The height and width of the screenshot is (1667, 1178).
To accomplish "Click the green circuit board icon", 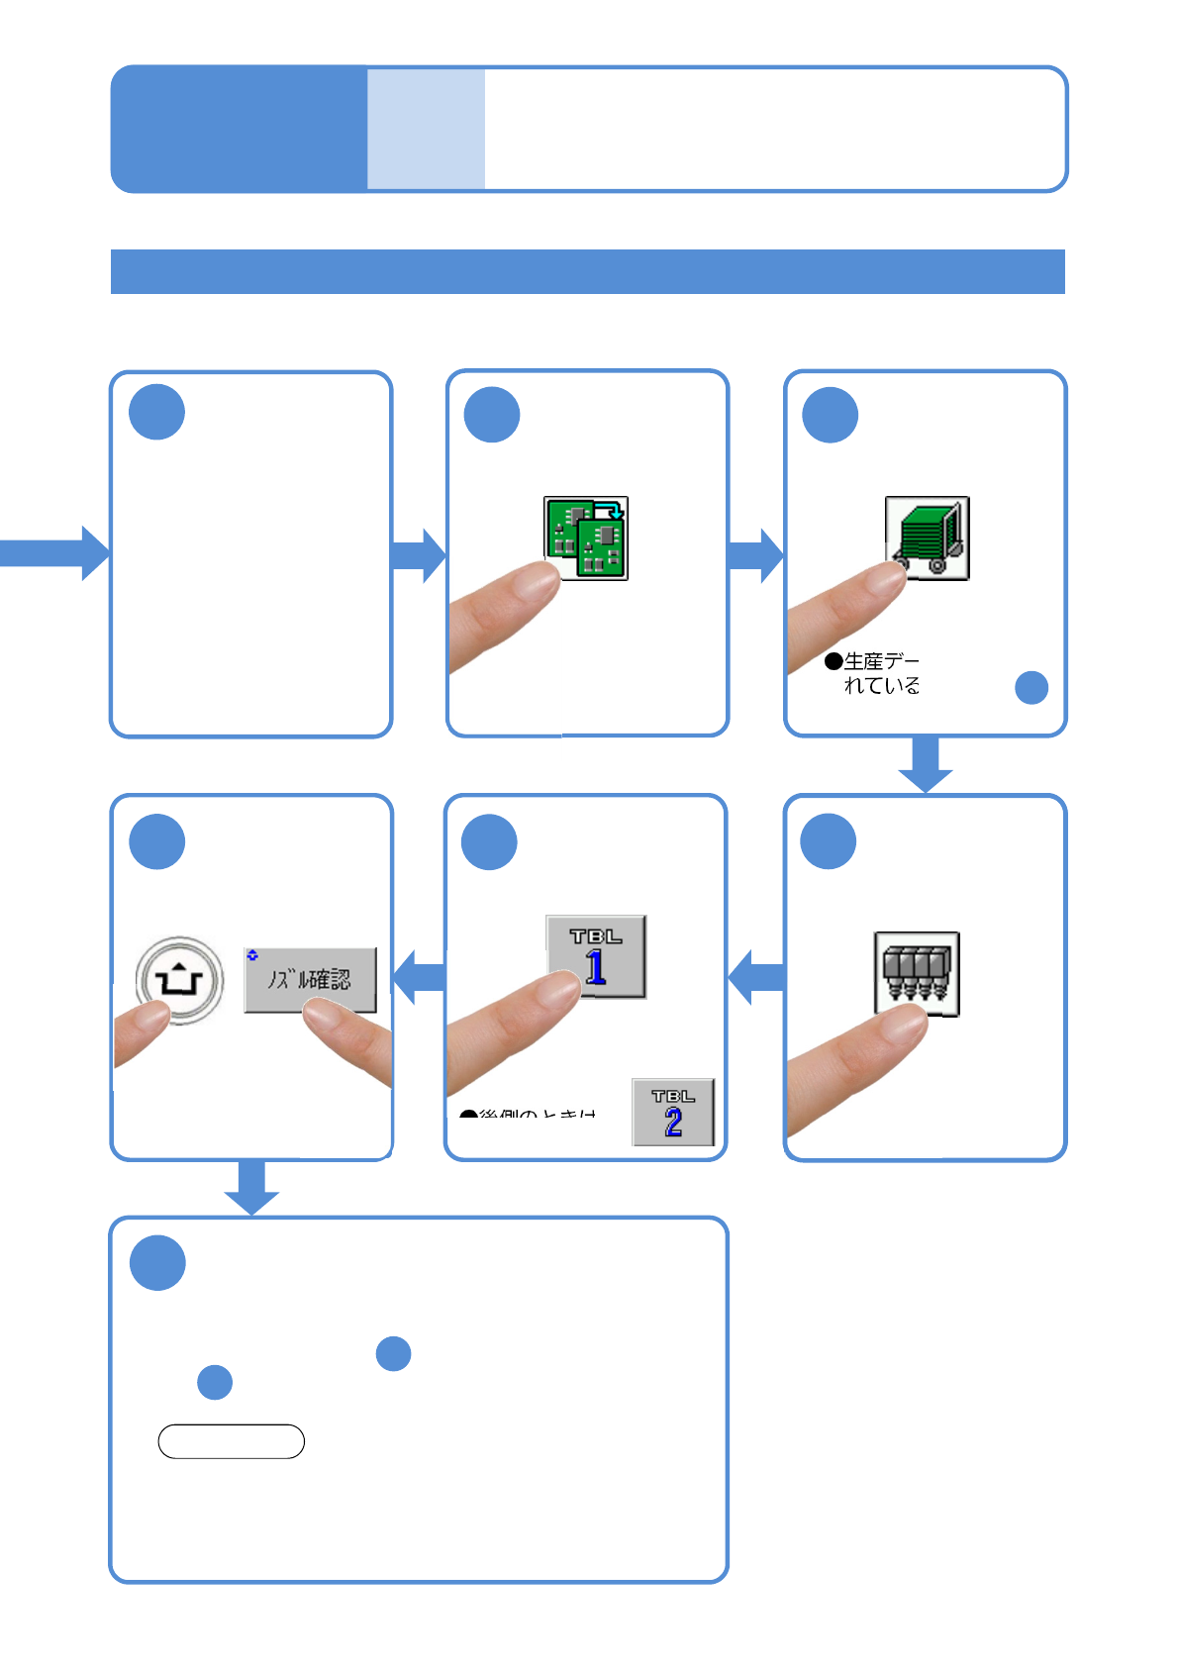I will pyautogui.click(x=586, y=538).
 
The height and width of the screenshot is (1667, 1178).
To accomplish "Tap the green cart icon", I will pyautogui.click(x=927, y=538).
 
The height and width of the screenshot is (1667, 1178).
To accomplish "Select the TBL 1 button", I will pyautogui.click(x=596, y=955).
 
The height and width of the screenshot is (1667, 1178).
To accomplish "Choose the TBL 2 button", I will pyautogui.click(x=673, y=1112).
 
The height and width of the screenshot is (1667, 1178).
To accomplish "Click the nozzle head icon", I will pyautogui.click(x=917, y=973).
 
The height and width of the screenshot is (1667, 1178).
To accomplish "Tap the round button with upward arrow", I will pyautogui.click(x=179, y=980).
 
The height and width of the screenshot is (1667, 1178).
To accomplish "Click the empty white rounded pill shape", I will pyautogui.click(x=231, y=1441).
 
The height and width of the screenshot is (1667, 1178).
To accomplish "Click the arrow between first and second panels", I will pyautogui.click(x=419, y=554).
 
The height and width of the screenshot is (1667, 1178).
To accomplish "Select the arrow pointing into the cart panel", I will pyautogui.click(x=755, y=554).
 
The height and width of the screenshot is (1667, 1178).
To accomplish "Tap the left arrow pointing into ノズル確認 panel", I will pyautogui.click(x=420, y=977).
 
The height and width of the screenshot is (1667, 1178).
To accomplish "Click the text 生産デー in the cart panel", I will pyautogui.click(x=881, y=660).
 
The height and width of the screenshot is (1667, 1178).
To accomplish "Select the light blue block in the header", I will pyautogui.click(x=426, y=129).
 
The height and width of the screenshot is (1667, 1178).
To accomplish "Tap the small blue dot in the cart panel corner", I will pyautogui.click(x=1031, y=687).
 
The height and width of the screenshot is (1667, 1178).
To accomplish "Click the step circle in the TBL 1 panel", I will pyautogui.click(x=489, y=842).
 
